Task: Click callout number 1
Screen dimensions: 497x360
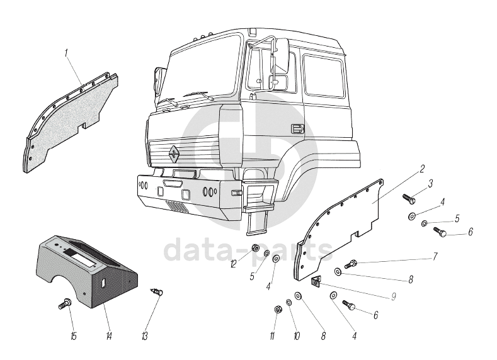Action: point(67,53)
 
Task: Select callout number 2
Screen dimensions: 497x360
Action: point(422,169)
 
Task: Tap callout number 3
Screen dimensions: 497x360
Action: point(430,184)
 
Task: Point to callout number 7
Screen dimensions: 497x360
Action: point(435,256)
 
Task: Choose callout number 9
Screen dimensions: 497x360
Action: point(393,296)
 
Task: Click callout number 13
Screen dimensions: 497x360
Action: point(144,336)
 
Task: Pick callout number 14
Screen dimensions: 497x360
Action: point(109,336)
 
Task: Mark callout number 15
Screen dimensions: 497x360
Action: point(74,336)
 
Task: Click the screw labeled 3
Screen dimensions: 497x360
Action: point(409,199)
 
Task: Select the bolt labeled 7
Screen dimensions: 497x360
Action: point(351,264)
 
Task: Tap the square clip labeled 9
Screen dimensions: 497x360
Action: point(316,280)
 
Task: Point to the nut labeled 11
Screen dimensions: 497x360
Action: point(278,309)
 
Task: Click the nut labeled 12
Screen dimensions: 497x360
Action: point(256,247)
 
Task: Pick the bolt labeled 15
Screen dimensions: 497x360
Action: point(65,303)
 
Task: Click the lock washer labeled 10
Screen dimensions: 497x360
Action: point(288,303)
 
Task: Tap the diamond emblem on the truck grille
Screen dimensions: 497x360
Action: point(174,154)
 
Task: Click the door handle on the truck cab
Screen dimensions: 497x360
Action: point(297,128)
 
